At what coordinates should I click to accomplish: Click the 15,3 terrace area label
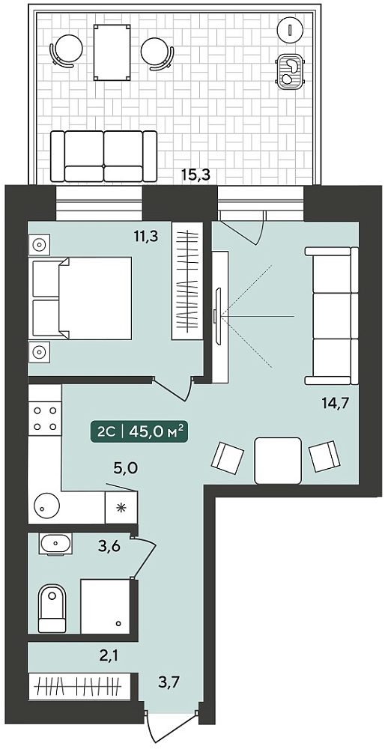click(x=196, y=175)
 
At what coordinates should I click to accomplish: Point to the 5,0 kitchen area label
click(x=126, y=468)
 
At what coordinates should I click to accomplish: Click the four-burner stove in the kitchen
click(x=45, y=418)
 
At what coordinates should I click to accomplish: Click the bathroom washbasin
click(x=56, y=544)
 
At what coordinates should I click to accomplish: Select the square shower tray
click(x=106, y=606)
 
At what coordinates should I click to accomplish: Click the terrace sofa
click(x=103, y=156)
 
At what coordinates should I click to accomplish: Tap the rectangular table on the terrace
click(x=112, y=53)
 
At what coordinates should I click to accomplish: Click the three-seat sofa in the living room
click(x=332, y=316)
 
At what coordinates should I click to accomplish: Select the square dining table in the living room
click(x=278, y=461)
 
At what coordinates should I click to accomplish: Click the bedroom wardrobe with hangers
click(x=187, y=282)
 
